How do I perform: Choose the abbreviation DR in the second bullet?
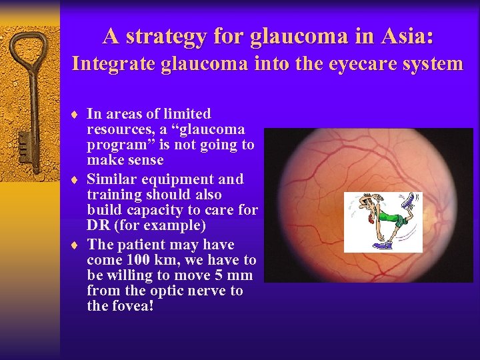pyautogui.click(x=98, y=225)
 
